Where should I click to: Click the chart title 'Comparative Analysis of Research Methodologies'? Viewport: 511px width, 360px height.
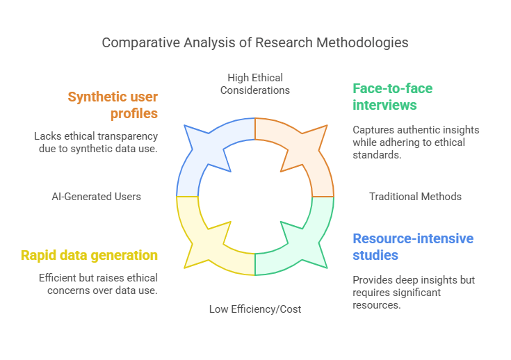pyautogui.click(x=255, y=42)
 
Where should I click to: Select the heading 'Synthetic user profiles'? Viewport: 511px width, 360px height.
pyautogui.click(x=113, y=104)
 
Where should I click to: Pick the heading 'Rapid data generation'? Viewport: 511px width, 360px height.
pyautogui.click(x=89, y=255)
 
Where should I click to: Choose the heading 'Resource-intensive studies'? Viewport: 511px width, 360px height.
pyautogui.click(x=413, y=247)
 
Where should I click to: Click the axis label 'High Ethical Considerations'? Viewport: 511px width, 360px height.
pyautogui.click(x=255, y=83)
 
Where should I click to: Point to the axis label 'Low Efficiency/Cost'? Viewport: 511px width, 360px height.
pyautogui.click(x=255, y=309)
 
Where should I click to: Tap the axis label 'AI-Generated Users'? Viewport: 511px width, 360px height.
pyautogui.click(x=96, y=197)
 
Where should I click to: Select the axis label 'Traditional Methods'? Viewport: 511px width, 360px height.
pyautogui.click(x=415, y=197)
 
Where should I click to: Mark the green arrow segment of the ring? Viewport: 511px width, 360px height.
pyautogui.click(x=295, y=243)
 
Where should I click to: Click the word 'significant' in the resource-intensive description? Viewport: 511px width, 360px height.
pyautogui.click(x=416, y=293)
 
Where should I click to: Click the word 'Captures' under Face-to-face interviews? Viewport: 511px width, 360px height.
pyautogui.click(x=373, y=130)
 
